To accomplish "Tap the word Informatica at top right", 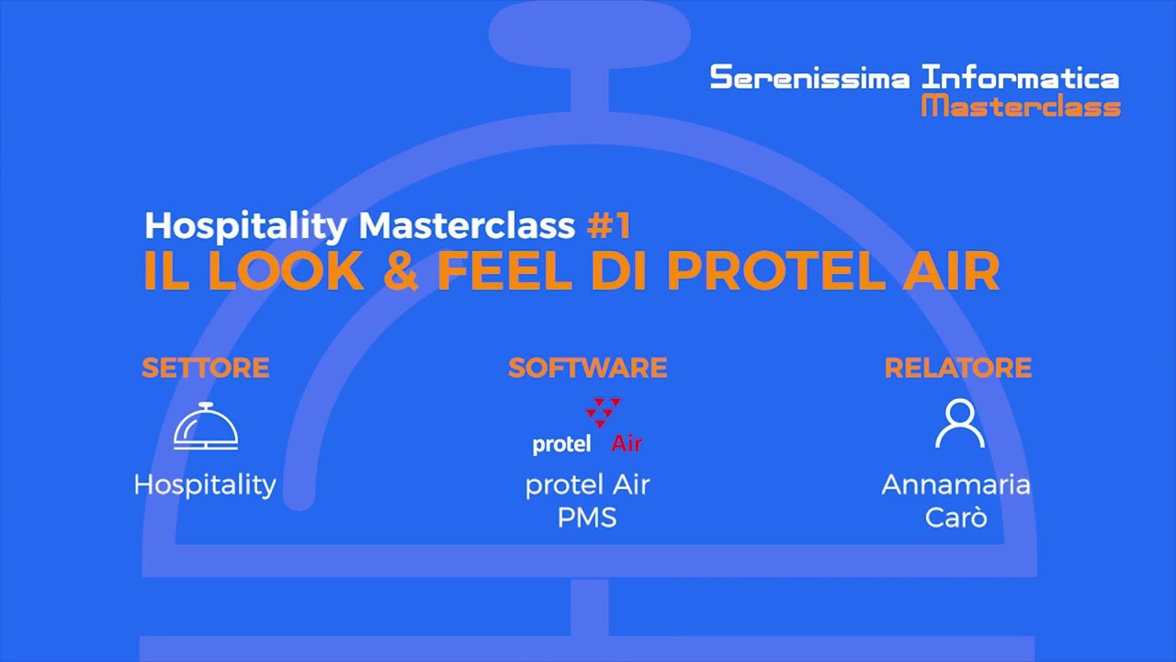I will click(x=1020, y=77).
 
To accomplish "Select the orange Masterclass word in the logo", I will click(x=1021, y=106).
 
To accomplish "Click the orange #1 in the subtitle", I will click(x=609, y=226).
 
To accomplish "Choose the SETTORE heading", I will click(x=205, y=369).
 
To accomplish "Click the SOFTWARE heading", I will click(x=587, y=369).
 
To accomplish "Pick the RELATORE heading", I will click(x=957, y=369).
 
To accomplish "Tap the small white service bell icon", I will click(x=206, y=427).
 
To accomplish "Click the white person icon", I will click(x=959, y=424).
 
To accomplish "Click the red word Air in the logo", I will click(x=627, y=445).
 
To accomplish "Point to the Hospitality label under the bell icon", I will click(x=205, y=485).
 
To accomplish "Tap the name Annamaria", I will click(x=955, y=485).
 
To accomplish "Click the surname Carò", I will click(x=955, y=517).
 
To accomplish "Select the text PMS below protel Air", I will click(x=587, y=517).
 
